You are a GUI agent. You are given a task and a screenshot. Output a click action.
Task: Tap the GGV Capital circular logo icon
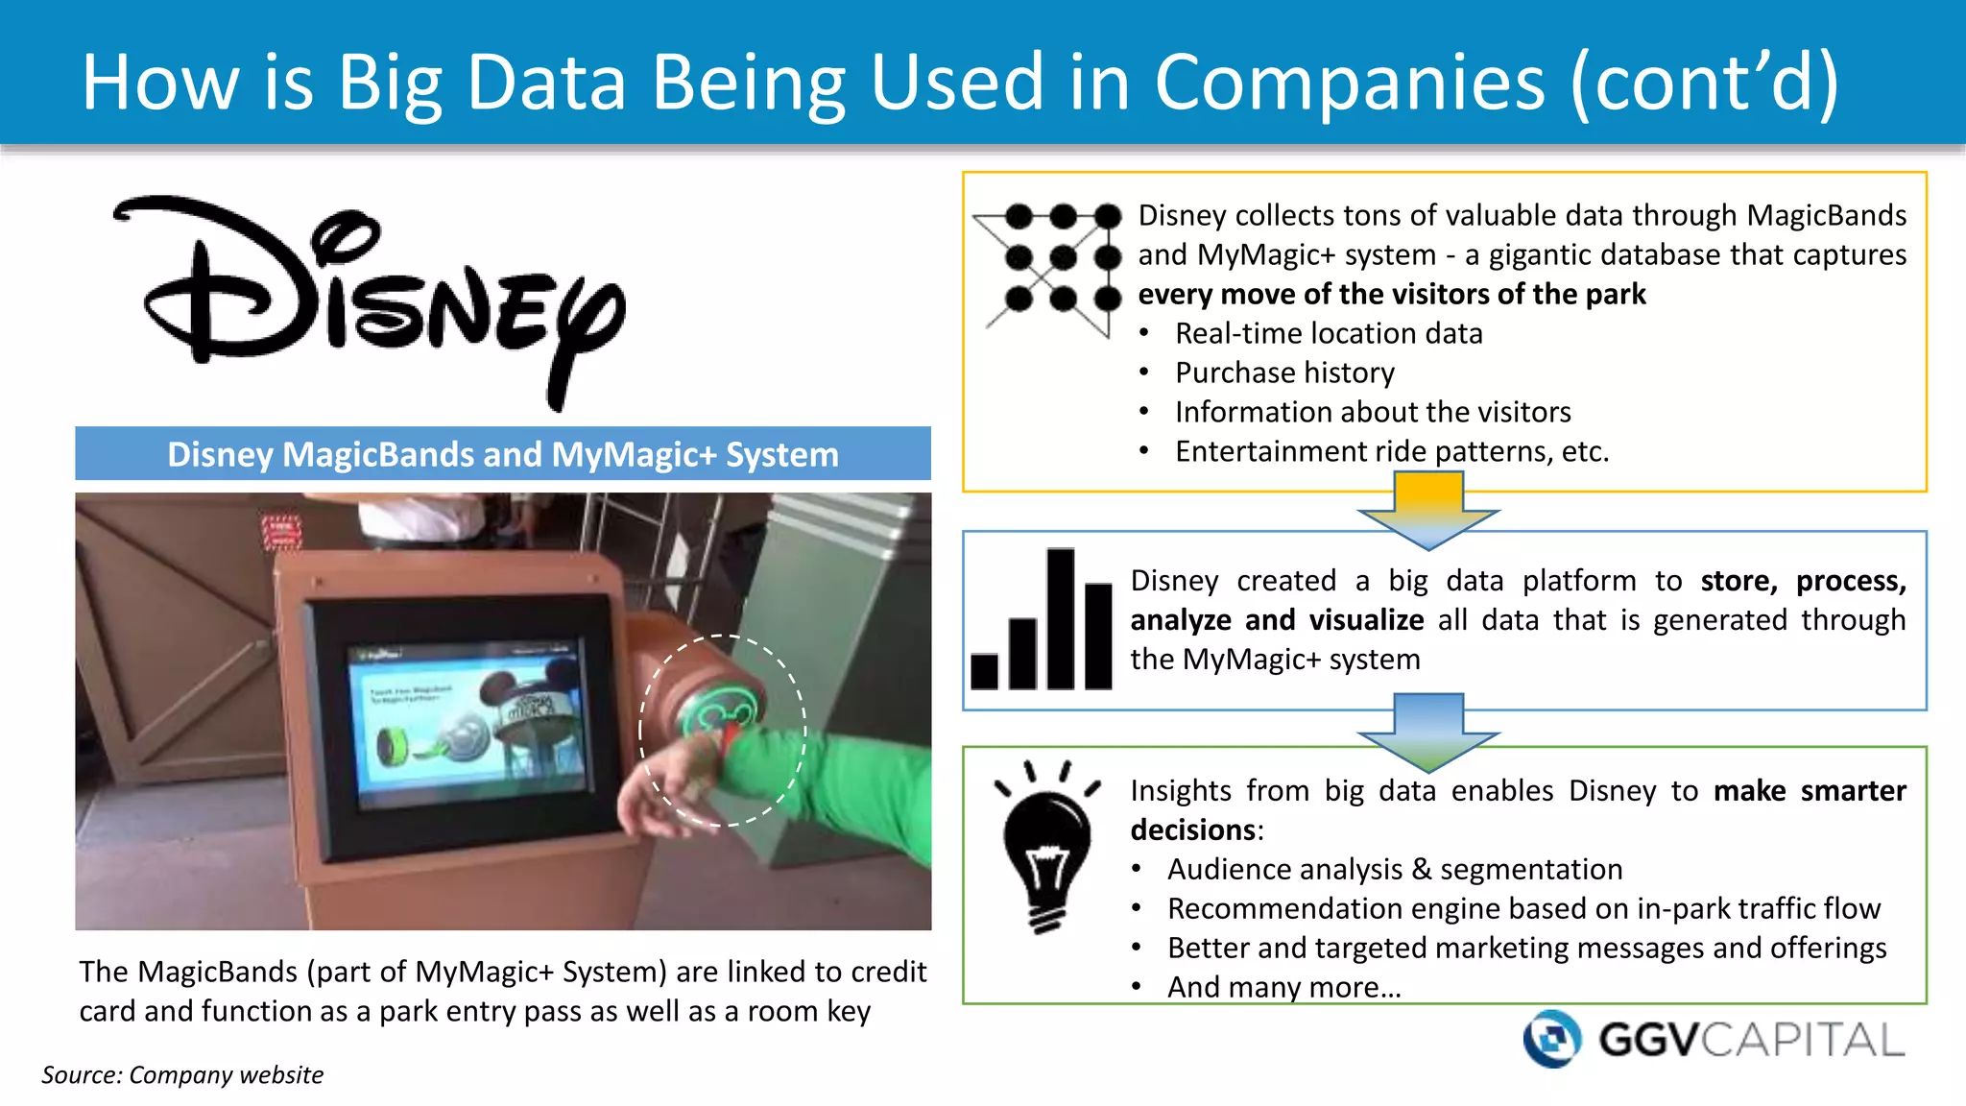(1551, 1038)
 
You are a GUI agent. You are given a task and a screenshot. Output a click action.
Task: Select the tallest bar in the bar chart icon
(1061, 618)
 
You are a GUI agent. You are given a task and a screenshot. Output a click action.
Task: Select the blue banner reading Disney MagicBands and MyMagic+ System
(503, 453)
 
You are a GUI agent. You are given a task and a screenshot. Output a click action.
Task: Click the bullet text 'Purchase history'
(1284, 373)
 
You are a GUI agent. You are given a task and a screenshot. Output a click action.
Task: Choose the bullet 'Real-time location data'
(1329, 333)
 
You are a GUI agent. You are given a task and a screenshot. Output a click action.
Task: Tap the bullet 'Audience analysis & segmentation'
(1395, 869)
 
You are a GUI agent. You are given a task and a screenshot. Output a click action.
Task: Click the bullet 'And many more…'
(1284, 987)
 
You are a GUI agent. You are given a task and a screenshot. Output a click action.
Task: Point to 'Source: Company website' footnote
(182, 1074)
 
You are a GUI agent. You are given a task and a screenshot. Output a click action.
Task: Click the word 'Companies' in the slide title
(1350, 82)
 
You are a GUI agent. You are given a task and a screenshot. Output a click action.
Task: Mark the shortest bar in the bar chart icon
(985, 671)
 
